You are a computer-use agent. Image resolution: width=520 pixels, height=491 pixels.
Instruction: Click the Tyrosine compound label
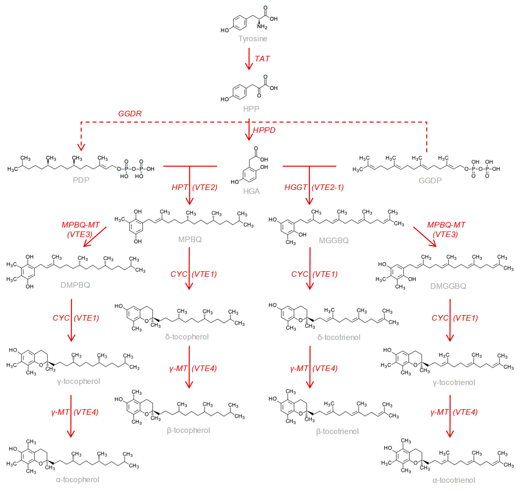click(x=253, y=39)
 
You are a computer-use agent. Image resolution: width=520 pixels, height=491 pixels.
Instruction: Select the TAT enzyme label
click(x=262, y=59)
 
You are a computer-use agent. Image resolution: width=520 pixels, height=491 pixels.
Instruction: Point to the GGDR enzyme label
click(x=130, y=114)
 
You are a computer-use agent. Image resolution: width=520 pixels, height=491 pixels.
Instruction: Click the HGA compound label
click(x=251, y=191)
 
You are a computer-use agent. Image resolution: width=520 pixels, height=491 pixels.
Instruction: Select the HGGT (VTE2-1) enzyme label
click(x=314, y=187)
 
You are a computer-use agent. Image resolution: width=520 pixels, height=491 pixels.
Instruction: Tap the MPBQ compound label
click(x=190, y=239)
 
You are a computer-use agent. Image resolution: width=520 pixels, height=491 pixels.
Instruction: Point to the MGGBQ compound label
click(x=334, y=241)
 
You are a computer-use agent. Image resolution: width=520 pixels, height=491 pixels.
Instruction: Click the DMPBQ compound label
click(x=75, y=285)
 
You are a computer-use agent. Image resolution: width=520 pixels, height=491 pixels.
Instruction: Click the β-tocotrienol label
click(x=337, y=432)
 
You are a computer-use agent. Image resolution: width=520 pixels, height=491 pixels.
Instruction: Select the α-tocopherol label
click(x=78, y=480)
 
